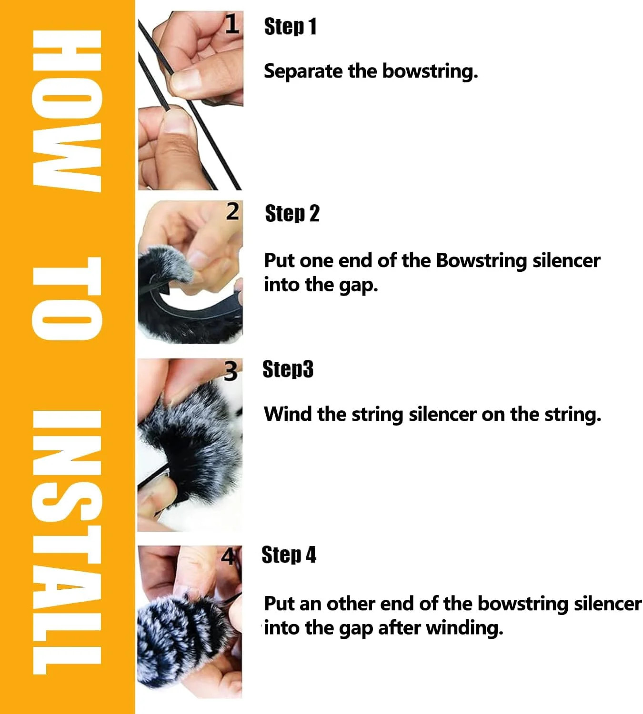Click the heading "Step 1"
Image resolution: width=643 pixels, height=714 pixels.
pyautogui.click(x=290, y=26)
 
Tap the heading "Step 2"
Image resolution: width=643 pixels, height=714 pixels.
pyautogui.click(x=292, y=213)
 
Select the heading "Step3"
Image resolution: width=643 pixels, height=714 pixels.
pyautogui.click(x=288, y=369)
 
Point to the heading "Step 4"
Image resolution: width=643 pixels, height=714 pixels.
pyautogui.click(x=289, y=555)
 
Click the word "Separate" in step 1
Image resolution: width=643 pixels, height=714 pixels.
pyautogui.click(x=303, y=71)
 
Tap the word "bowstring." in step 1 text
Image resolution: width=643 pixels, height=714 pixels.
pyautogui.click(x=430, y=71)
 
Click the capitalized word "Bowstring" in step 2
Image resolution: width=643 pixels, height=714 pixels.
pyautogui.click(x=481, y=261)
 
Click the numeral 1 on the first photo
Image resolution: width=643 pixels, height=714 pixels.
pyautogui.click(x=232, y=25)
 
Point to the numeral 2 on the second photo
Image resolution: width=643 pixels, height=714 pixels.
pyautogui.click(x=232, y=212)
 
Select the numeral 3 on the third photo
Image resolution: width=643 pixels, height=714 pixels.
pyautogui.click(x=231, y=371)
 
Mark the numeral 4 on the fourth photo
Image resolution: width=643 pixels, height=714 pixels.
pyautogui.click(x=228, y=556)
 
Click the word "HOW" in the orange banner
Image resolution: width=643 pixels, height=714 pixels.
pyautogui.click(x=67, y=111)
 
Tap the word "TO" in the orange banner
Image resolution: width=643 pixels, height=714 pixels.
pyautogui.click(x=67, y=298)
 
